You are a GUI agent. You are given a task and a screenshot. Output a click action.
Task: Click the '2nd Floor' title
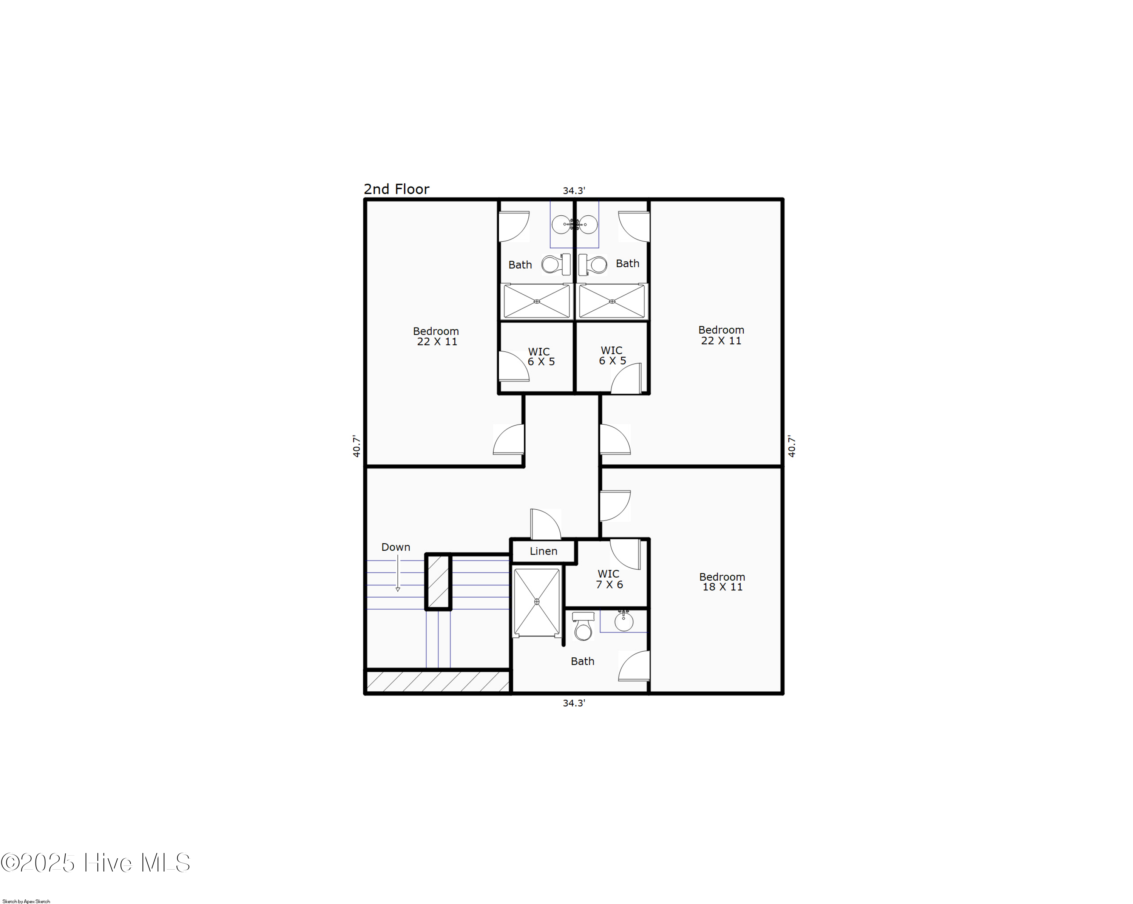pos(396,189)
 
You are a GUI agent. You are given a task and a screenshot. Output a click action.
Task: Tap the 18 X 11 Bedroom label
pos(722,582)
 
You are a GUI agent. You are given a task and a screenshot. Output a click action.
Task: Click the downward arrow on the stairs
pos(398,575)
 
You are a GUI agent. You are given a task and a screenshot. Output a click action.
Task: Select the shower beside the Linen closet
pos(537,602)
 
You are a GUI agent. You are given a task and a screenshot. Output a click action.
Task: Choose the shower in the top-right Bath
pos(612,301)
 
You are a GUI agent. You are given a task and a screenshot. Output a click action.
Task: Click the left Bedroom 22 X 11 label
pos(436,336)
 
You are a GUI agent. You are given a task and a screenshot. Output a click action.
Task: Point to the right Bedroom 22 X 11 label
pos(721,335)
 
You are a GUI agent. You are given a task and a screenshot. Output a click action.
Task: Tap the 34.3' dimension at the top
pos(573,191)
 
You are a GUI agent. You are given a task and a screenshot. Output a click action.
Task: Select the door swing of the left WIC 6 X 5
pos(513,366)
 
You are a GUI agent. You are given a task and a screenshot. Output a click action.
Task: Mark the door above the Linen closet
pos(545,524)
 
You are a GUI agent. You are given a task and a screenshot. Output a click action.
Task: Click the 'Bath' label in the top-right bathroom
pos(627,263)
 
